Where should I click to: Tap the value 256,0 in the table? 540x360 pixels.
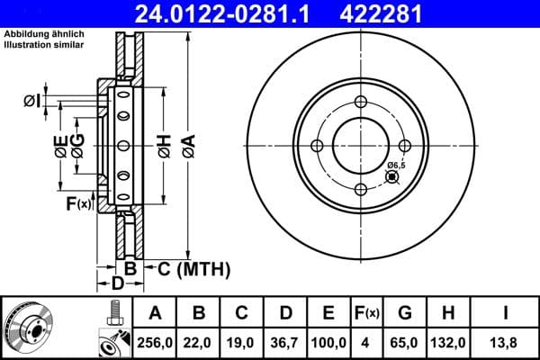[x=155, y=343]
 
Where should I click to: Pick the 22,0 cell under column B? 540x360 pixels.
[x=200, y=343]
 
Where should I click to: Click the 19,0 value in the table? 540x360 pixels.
[x=242, y=343]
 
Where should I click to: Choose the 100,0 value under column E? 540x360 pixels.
[x=328, y=343]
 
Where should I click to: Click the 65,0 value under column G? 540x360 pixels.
[x=405, y=343]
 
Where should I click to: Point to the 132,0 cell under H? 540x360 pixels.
[x=450, y=343]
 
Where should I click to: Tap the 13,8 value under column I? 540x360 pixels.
[x=505, y=343]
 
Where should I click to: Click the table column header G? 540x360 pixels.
[x=405, y=313]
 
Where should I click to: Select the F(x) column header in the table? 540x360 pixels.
[x=368, y=313]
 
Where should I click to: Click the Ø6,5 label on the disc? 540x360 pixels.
[x=396, y=166]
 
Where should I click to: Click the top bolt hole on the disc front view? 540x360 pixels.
[x=360, y=102]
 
